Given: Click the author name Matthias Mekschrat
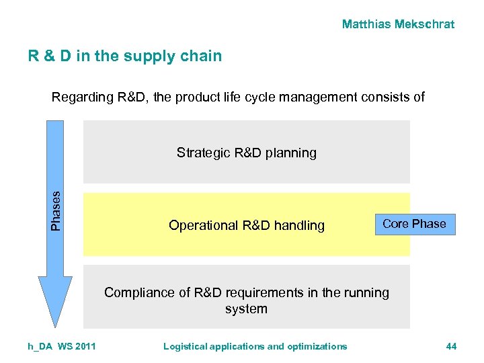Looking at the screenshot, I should coord(398,24).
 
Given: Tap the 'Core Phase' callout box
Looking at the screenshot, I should coord(414,224).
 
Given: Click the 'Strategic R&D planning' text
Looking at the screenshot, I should coord(246,153).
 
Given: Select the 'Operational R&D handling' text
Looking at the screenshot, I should coord(246,226).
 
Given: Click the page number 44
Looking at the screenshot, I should coord(451,346).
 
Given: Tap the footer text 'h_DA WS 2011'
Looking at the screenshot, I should coord(62,346).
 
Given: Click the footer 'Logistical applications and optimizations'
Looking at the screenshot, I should coord(255,346).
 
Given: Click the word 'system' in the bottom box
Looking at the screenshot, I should coord(246,309).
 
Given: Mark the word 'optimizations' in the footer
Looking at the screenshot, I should coord(317,346).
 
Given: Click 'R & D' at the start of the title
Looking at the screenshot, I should coord(50,56).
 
